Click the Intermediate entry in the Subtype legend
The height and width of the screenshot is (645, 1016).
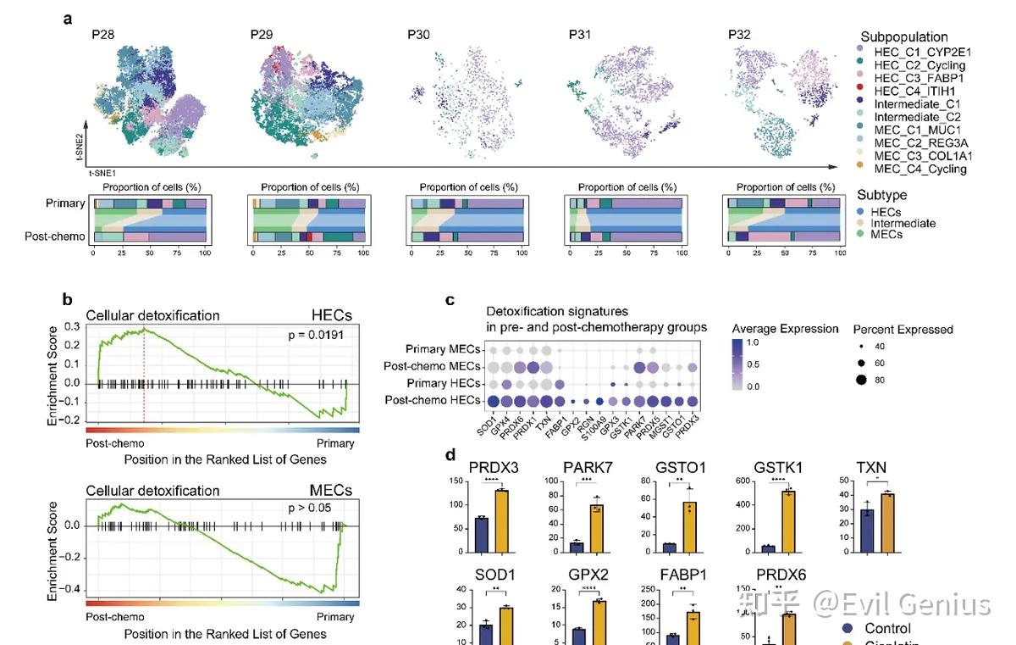tap(903, 223)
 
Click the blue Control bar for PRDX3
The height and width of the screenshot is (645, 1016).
tap(481, 535)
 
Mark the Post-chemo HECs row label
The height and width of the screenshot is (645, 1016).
tap(430, 400)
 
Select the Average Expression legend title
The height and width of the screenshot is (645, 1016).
tap(786, 329)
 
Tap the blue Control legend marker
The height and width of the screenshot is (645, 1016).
tap(846, 629)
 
